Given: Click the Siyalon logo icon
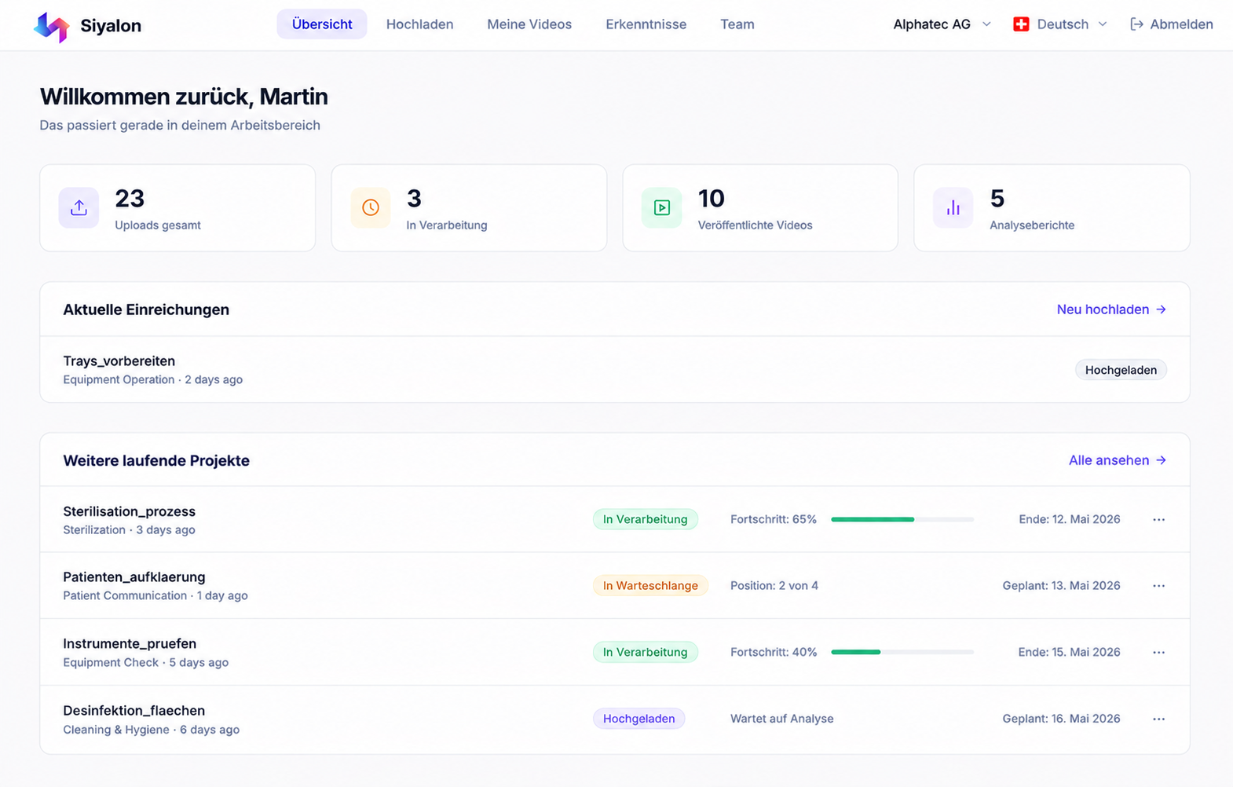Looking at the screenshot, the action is [x=51, y=27].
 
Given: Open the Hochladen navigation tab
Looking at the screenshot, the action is [x=419, y=24].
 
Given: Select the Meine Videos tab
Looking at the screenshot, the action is [x=529, y=24].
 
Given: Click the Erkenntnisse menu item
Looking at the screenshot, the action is [x=646, y=24].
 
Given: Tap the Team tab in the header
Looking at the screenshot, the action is [x=737, y=24].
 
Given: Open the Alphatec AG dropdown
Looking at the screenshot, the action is [x=942, y=24].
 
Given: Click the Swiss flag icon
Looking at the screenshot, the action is [x=1021, y=24].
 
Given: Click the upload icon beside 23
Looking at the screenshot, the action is [x=79, y=207].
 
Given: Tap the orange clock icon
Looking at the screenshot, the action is [x=371, y=207].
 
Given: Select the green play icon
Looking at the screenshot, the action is [x=661, y=207].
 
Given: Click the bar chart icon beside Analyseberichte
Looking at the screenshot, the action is [x=953, y=207].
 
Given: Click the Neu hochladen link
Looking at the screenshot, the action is [x=1111, y=309].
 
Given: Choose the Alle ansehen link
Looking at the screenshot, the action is [x=1118, y=460].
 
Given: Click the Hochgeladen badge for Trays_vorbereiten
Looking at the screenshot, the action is [x=1121, y=370].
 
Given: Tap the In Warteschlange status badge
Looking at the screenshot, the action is [x=650, y=586].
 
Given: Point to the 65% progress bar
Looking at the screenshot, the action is [x=902, y=519].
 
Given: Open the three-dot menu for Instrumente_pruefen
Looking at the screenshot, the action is [x=1158, y=652].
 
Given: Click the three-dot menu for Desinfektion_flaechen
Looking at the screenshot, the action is [x=1158, y=719].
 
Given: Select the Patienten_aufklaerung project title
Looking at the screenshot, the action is [x=134, y=577].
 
